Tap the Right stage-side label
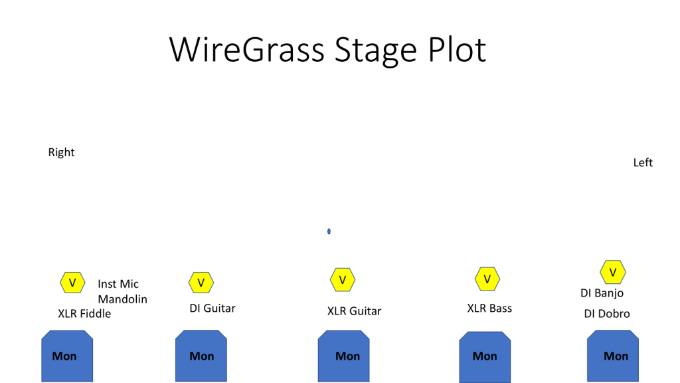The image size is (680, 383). point(61,152)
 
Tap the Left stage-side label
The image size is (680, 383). point(643,162)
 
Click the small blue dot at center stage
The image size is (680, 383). point(329,231)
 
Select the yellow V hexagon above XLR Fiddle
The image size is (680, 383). point(72,283)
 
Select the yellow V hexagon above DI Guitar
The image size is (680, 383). point(201,283)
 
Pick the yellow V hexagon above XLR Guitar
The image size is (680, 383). point(343,280)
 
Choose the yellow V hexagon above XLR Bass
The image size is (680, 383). point(487,279)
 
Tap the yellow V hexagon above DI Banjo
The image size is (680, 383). point(613,272)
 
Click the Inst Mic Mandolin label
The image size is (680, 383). point(122,291)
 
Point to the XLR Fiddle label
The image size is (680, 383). point(84,314)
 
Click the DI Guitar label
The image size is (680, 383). point(212,309)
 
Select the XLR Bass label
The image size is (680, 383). point(489,309)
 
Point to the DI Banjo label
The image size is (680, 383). point(602,293)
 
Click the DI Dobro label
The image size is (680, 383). point(607,314)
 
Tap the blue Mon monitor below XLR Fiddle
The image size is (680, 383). point(67,356)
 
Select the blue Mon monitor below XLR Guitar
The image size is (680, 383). point(344,356)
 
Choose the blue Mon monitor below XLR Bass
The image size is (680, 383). point(485,357)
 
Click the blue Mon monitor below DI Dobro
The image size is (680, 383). point(613,356)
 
